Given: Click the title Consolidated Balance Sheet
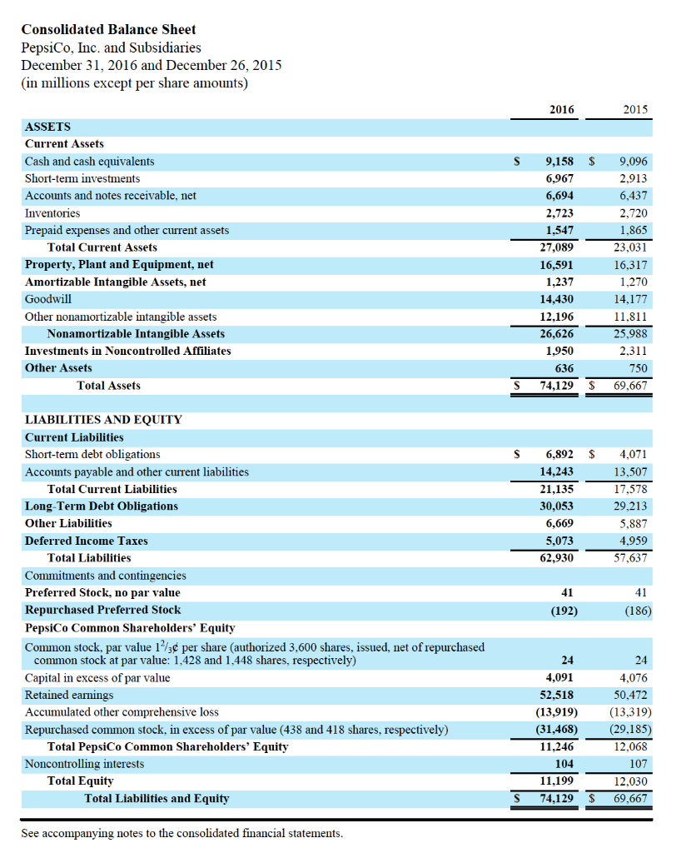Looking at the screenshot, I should [108, 29].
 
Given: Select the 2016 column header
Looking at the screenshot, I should [562, 109].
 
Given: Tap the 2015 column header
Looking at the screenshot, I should [634, 109].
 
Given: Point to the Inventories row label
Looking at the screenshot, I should [52, 213].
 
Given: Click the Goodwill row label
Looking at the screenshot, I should [47, 298].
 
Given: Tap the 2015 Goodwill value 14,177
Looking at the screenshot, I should [630, 298].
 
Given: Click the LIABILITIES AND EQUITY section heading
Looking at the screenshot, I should [103, 420].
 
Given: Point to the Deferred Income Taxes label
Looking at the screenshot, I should [86, 541].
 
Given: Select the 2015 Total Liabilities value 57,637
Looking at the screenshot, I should [630, 558].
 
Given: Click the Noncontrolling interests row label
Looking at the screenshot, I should [76, 764].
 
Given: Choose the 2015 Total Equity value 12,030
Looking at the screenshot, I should [630, 781].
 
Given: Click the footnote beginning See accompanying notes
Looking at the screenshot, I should [181, 833].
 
